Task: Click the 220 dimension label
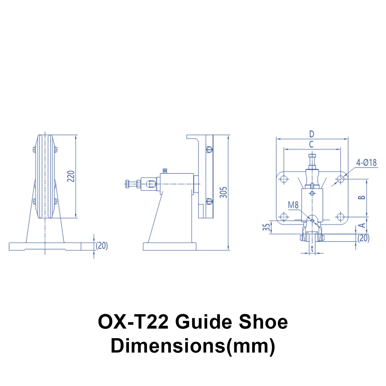[x=71, y=176]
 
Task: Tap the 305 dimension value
[x=223, y=192]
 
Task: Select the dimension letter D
[x=311, y=134]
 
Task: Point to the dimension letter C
[x=311, y=145]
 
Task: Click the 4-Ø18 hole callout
[x=366, y=162]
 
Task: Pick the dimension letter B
[x=361, y=197]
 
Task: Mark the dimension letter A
[x=362, y=225]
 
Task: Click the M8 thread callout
[x=293, y=205]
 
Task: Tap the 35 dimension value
[x=266, y=227]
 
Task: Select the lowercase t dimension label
[x=312, y=249]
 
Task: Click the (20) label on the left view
[x=102, y=245]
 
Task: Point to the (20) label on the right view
[x=363, y=238]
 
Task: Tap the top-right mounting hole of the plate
[x=340, y=179]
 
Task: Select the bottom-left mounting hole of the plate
[x=284, y=217]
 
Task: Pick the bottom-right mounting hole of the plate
[x=340, y=217]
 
